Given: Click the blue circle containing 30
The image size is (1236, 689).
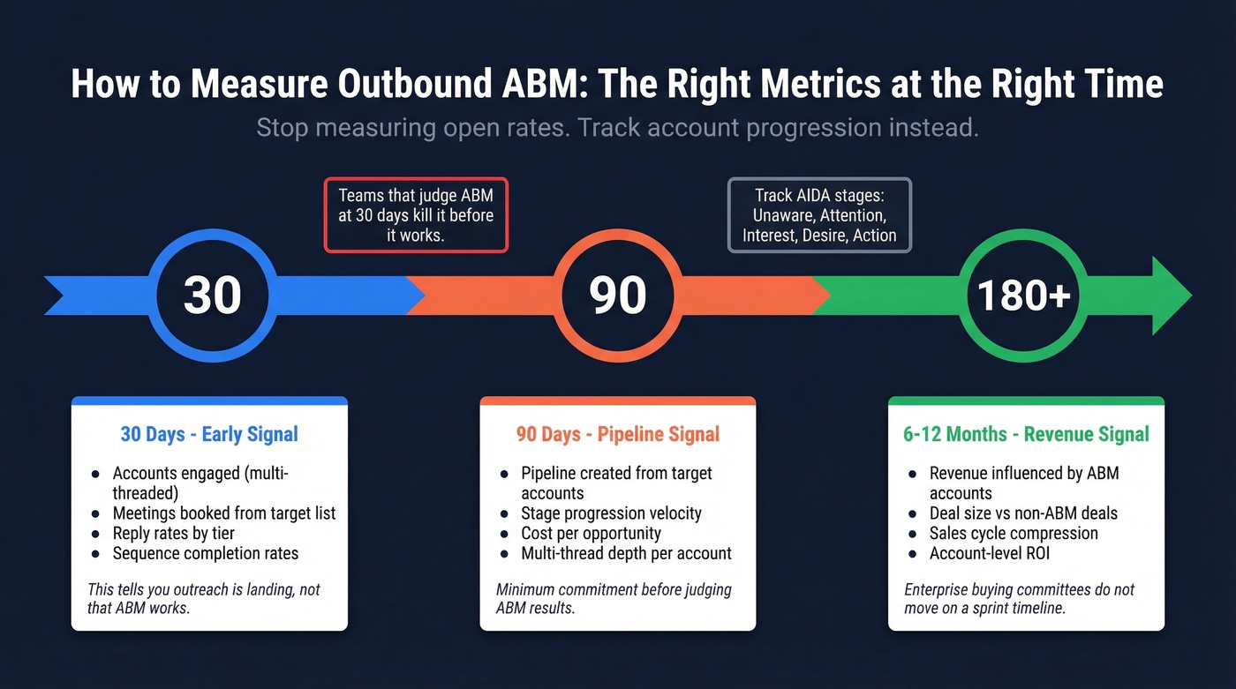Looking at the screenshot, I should tap(212, 295).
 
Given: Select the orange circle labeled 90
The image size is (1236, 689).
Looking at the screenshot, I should tap(618, 295).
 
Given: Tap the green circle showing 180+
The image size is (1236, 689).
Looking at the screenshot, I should tap(1024, 295).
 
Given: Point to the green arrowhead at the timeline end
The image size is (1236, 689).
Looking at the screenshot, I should tap(1171, 296).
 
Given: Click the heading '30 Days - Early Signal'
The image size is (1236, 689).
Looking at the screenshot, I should tap(209, 434).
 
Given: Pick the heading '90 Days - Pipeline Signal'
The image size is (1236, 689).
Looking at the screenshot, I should tap(617, 434).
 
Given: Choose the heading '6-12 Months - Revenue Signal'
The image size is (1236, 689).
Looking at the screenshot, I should tap(1026, 434).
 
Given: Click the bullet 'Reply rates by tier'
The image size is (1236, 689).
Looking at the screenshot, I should tap(173, 533).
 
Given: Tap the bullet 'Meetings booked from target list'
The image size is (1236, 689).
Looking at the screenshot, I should tap(223, 513).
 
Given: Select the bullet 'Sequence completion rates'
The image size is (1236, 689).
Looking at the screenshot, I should tap(205, 553).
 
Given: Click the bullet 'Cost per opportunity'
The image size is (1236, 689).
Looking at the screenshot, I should tap(591, 533).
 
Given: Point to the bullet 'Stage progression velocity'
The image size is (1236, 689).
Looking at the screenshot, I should tap(611, 513).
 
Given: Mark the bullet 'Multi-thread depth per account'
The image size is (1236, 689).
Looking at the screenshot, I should tap(626, 553).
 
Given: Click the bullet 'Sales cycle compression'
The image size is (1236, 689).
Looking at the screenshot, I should tap(1014, 533).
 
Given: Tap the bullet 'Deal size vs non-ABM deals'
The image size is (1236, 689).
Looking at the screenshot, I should tap(1023, 513).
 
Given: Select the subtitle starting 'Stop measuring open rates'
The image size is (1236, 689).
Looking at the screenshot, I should tap(617, 128).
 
